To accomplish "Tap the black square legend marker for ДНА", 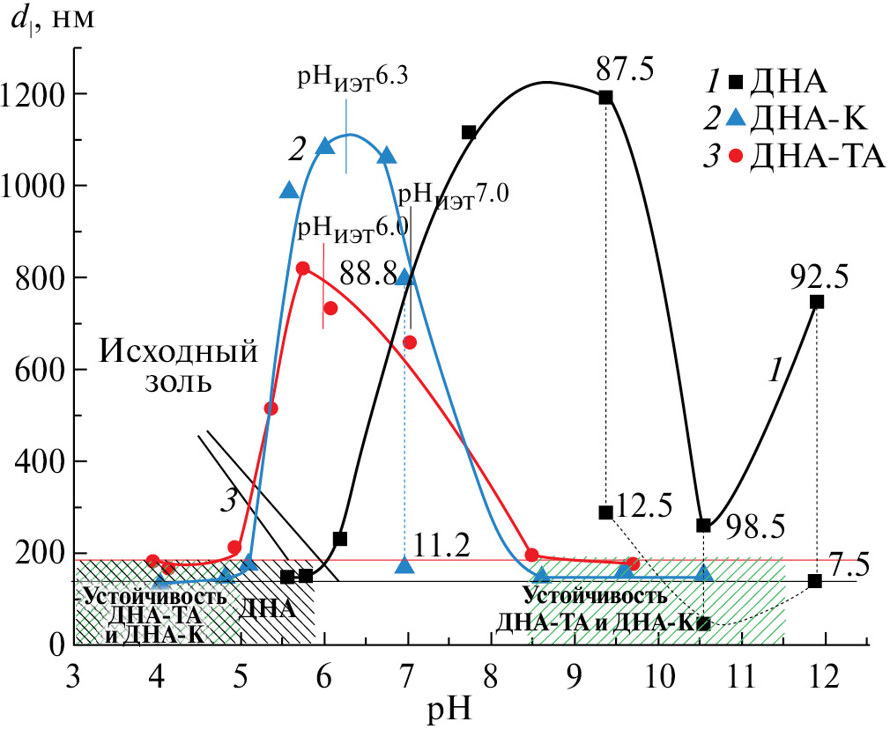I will click(734, 85).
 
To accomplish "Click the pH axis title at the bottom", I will click(450, 709).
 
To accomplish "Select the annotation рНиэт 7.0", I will click(453, 192).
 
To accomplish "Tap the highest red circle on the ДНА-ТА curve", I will click(303, 269).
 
